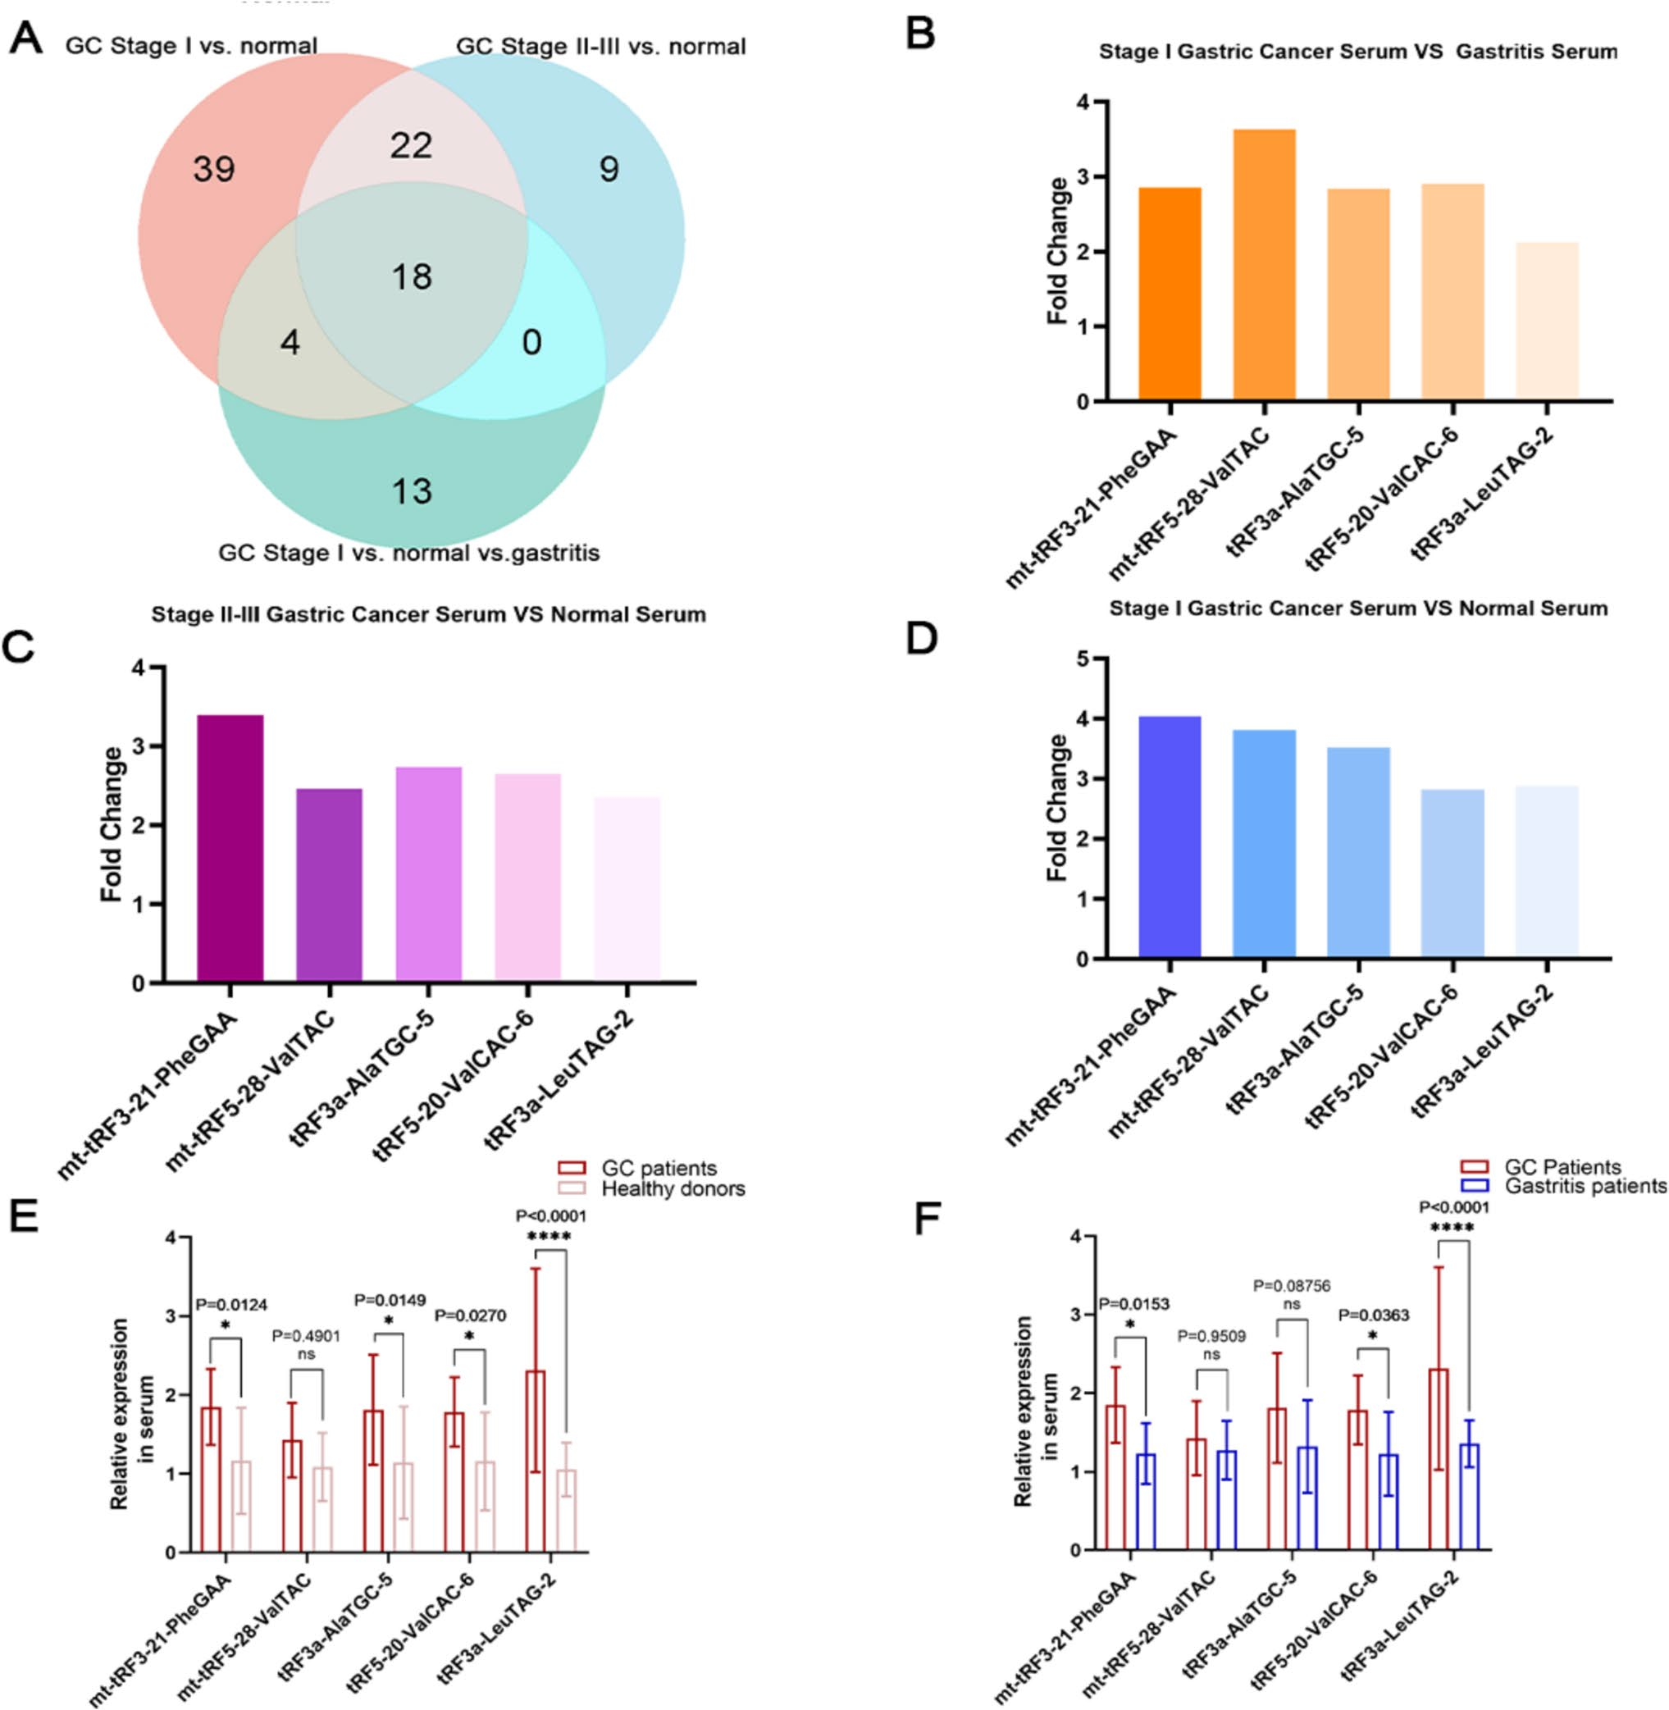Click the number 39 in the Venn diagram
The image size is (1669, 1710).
click(x=214, y=168)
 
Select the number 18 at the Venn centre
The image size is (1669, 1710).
click(x=411, y=277)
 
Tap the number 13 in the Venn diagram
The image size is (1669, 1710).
click(x=411, y=490)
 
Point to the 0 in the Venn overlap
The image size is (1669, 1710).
click(x=532, y=342)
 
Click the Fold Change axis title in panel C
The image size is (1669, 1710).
click(x=112, y=824)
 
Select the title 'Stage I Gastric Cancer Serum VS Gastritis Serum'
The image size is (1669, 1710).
click(x=1358, y=52)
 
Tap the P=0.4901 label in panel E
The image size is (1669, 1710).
click(x=306, y=1336)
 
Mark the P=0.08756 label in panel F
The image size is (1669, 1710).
click(x=1291, y=1286)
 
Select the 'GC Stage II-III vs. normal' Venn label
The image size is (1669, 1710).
click(x=600, y=46)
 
